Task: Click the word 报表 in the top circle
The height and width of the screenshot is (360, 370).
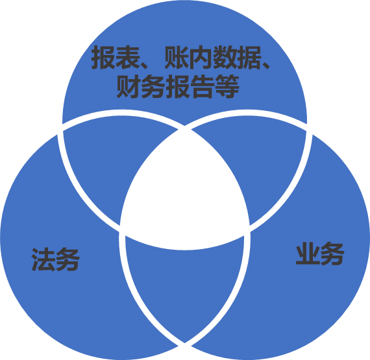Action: [x=115, y=57]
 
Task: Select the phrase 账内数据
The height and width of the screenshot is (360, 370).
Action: [x=212, y=57]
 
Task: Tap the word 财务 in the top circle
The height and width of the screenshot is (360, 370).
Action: [x=141, y=86]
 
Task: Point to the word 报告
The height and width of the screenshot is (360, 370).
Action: [x=190, y=86]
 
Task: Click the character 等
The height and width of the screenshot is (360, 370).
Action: [x=227, y=86]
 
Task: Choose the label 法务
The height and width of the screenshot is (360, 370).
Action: [x=55, y=259]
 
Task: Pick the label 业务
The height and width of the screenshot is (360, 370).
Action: [x=320, y=254]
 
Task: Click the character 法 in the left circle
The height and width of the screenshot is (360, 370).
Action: [x=43, y=259]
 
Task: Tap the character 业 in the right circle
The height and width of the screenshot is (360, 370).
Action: [x=308, y=254]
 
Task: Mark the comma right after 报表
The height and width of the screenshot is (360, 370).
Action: [x=143, y=65]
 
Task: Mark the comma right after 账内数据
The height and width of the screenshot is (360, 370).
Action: [x=265, y=65]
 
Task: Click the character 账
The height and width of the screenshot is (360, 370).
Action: [x=177, y=57]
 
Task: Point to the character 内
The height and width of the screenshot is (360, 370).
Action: [x=201, y=57]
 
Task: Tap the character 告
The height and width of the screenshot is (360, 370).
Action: [x=203, y=86]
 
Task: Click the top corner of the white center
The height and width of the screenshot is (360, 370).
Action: [x=185, y=130]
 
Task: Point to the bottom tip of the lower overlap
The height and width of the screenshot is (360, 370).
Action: [x=185, y=342]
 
